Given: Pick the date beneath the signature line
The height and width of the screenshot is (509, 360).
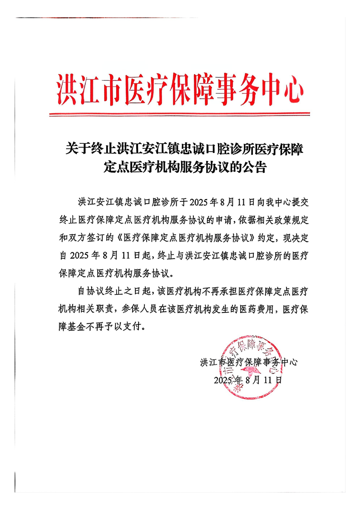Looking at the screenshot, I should coord(248,380).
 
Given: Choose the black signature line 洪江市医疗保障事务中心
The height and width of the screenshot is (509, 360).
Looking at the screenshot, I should coord(248,362).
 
